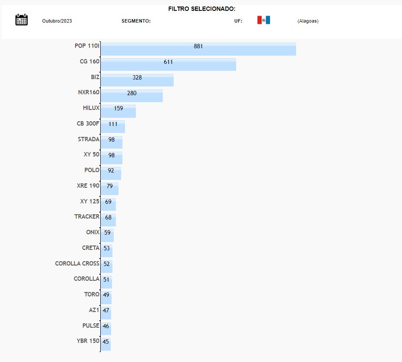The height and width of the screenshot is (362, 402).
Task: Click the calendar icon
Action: click(x=21, y=20)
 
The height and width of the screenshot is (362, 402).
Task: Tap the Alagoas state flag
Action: click(x=264, y=20)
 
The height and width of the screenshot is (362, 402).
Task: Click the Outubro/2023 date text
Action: click(x=57, y=21)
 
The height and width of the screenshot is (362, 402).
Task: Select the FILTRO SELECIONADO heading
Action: click(x=202, y=9)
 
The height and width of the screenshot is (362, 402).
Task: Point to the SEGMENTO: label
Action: click(x=136, y=21)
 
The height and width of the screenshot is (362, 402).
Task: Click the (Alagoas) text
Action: click(x=308, y=21)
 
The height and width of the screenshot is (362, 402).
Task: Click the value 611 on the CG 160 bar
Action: click(x=168, y=62)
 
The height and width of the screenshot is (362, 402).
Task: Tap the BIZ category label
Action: click(x=95, y=77)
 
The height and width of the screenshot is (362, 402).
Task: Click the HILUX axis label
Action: click(x=91, y=108)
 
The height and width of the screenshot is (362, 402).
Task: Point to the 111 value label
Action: click(x=113, y=124)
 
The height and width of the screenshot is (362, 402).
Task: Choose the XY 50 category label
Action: click(x=92, y=154)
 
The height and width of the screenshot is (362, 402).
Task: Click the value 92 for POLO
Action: click(x=111, y=170)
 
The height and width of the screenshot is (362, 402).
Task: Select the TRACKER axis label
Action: click(x=87, y=216)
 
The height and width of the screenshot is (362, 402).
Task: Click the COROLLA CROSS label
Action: click(x=77, y=263)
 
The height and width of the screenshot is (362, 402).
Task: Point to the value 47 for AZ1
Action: click(x=106, y=310)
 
